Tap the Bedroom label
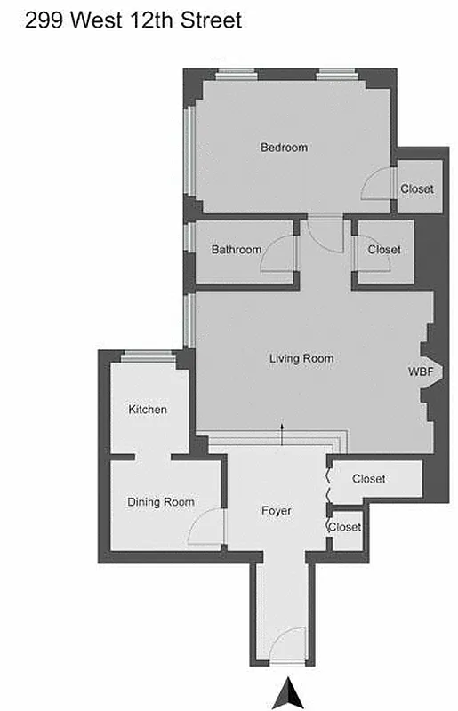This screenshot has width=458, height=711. point(284,148)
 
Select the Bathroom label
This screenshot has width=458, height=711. point(237,250)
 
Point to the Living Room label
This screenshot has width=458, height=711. point(301,359)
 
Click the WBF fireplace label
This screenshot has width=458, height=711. point(421,371)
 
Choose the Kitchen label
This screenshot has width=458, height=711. point(148,410)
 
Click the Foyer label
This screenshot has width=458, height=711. point(277,511)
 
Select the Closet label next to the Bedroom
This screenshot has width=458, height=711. point(416,188)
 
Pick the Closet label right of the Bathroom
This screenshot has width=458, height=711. point(384,250)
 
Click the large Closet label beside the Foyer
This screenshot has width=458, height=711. point(368,479)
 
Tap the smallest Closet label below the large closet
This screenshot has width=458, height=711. point(345,527)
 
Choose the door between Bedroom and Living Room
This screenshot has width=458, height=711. point(325,233)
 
